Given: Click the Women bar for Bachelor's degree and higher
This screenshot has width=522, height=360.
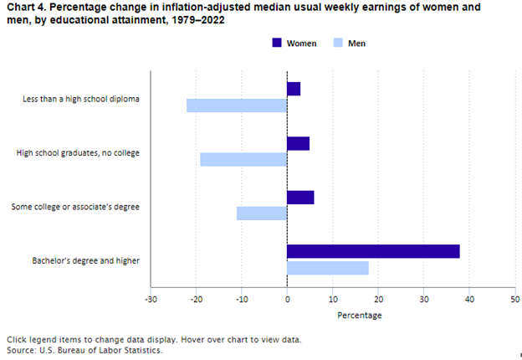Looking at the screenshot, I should (x=373, y=251).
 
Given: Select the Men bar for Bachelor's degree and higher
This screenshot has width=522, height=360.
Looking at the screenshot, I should (x=327, y=268).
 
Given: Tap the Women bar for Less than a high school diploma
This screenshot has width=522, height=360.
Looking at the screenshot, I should (x=294, y=89).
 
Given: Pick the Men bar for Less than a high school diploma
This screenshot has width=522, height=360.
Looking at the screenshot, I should (x=237, y=105).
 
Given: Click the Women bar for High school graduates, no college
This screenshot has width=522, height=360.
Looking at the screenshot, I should (x=298, y=143).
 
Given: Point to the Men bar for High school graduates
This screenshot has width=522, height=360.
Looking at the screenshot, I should (x=243, y=159).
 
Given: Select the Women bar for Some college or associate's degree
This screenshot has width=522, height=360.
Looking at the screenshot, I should (x=300, y=197).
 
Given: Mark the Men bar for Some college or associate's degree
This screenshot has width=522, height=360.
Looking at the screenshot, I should (x=262, y=213).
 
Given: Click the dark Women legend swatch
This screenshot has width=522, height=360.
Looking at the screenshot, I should (x=277, y=43).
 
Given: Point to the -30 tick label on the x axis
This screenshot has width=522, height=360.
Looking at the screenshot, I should (x=151, y=299).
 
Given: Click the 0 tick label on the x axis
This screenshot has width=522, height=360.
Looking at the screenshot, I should (x=287, y=299).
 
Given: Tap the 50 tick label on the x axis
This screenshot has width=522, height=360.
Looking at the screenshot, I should (x=514, y=299).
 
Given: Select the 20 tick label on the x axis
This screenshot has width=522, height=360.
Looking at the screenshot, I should (x=378, y=299).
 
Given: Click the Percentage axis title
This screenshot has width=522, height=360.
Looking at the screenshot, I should (x=359, y=316).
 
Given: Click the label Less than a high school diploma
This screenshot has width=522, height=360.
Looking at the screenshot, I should (x=81, y=99).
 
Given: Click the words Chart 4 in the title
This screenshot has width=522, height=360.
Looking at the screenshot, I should (x=24, y=8).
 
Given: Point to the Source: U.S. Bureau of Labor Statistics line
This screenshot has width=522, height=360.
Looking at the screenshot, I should (x=84, y=350).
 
